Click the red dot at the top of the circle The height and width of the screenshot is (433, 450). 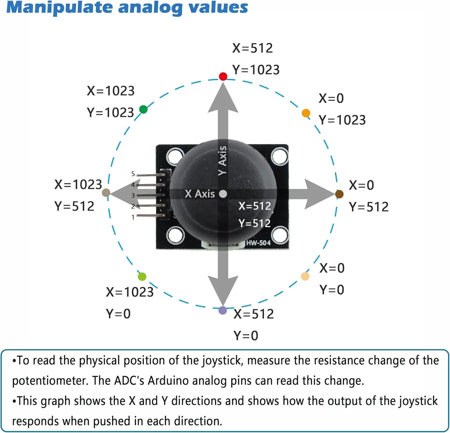point(223,76)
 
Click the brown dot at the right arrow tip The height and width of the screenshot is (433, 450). point(339,194)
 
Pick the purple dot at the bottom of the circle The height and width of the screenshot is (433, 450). point(223,310)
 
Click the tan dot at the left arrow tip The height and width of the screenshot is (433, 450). point(106,193)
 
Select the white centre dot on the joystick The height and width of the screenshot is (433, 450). point(223,194)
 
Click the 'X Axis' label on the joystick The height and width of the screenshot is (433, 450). point(200,194)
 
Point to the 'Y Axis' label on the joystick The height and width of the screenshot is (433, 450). point(222,161)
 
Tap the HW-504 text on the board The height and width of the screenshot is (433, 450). point(258,243)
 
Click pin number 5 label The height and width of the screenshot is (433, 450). point(133,174)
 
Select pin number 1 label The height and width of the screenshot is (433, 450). point(133,217)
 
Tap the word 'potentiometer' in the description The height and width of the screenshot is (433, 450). point(50,381)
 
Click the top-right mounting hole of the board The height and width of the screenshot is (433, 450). point(279,156)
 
